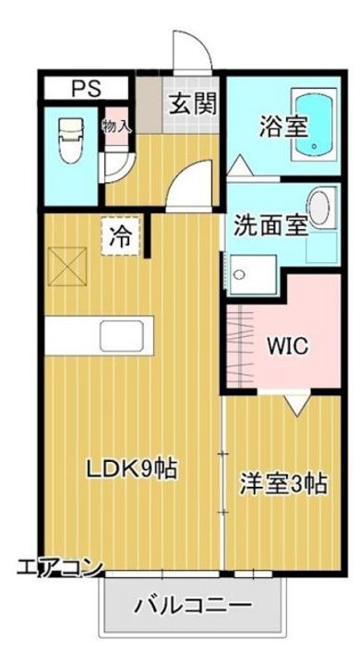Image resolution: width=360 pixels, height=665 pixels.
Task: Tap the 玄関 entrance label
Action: tap(192, 103)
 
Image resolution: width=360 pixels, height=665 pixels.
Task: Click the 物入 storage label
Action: tap(116, 126)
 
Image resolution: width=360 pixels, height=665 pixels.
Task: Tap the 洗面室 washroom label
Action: tap(270, 224)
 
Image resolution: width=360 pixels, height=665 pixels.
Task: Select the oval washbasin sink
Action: tap(318, 209)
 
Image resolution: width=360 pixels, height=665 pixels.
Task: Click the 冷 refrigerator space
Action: tap(120, 235)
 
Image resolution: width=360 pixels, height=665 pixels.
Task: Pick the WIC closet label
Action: tap(287, 347)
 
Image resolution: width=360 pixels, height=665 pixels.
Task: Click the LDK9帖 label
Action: tap(132, 469)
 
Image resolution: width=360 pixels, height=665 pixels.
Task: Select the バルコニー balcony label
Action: tap(193, 606)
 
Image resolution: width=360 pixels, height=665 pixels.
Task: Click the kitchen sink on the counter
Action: tap(121, 334)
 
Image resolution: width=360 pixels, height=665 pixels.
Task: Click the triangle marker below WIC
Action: tap(297, 404)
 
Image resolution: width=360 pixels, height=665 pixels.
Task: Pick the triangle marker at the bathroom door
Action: tap(240, 167)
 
